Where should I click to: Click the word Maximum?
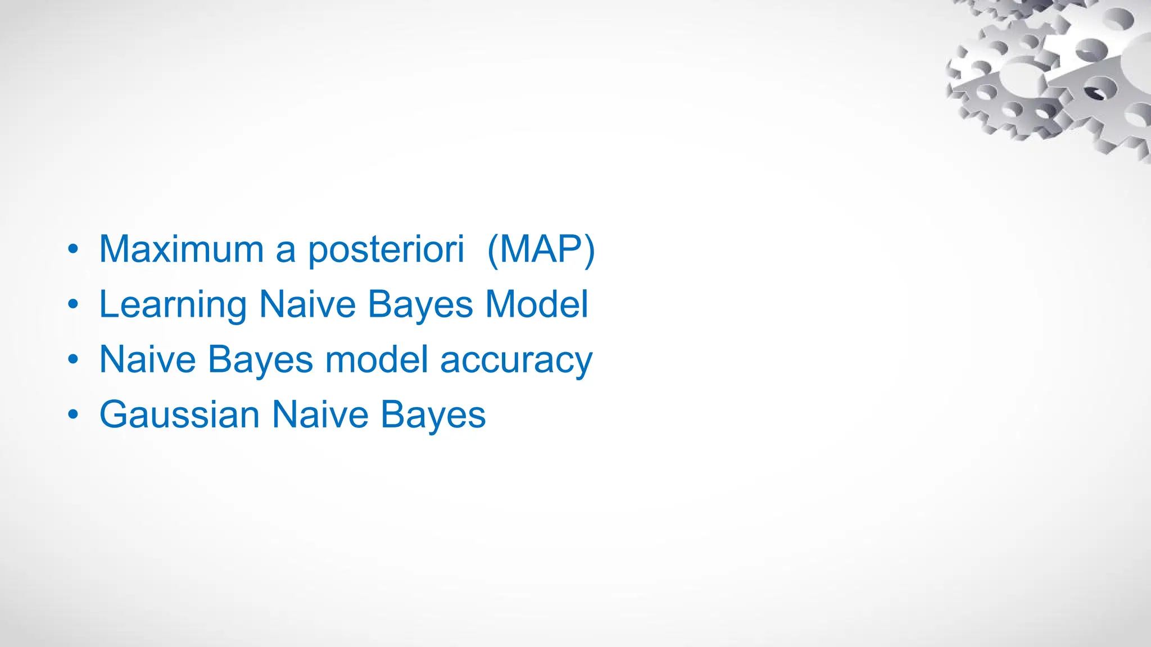[x=181, y=249]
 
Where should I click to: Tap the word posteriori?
[x=386, y=250]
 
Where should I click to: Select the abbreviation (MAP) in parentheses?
[x=541, y=250]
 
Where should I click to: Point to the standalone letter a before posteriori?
[x=286, y=251]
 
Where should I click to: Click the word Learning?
[x=173, y=305]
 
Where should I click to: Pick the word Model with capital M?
[x=537, y=304]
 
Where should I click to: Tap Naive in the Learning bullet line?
[x=307, y=304]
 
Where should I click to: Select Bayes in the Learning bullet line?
[x=420, y=305]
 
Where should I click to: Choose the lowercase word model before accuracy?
[x=377, y=359]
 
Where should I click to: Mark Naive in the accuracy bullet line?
[x=147, y=359]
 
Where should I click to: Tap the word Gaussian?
[x=179, y=414]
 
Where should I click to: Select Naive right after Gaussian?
[x=320, y=414]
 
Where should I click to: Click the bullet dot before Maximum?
[x=73, y=249]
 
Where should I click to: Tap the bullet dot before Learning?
[x=73, y=304]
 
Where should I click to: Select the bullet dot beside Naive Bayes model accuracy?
[x=73, y=359]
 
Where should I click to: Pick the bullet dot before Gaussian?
[x=73, y=415]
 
